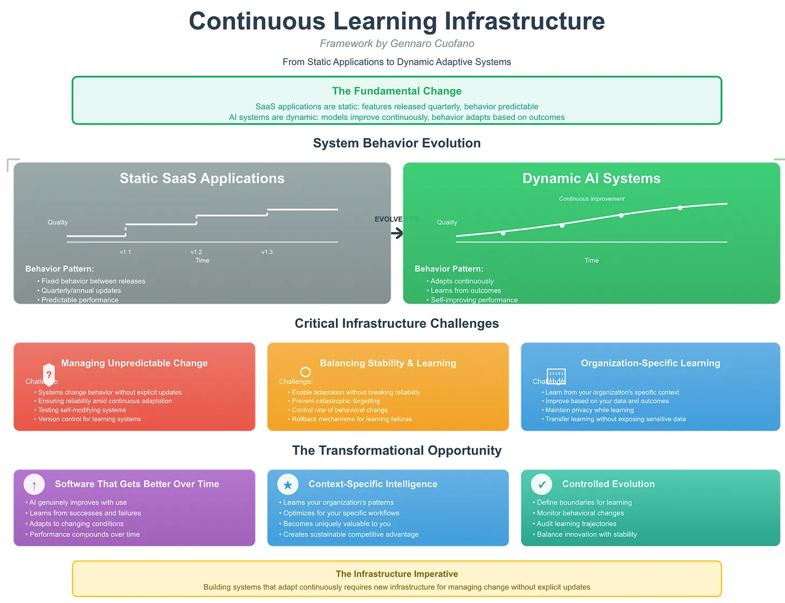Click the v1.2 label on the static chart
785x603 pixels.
[x=196, y=252]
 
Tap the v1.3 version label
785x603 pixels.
[x=267, y=252]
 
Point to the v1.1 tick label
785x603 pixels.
[x=126, y=252]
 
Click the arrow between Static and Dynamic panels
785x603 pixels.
[x=397, y=233]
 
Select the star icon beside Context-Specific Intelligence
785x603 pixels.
[x=288, y=485]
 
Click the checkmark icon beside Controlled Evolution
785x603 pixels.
[x=541, y=485]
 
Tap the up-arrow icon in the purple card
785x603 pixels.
[x=34, y=485]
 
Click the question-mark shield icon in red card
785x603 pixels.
[x=49, y=374]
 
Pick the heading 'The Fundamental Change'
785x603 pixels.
[x=397, y=91]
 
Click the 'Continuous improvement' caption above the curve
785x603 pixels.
[x=591, y=199]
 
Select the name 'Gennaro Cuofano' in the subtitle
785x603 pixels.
[x=432, y=44]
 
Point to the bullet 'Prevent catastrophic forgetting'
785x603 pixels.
[x=336, y=401]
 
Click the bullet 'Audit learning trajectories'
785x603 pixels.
[x=576, y=524]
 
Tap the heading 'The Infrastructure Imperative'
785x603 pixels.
[x=397, y=574]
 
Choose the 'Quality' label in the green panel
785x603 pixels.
[x=447, y=222]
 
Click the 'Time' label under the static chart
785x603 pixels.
[x=202, y=260]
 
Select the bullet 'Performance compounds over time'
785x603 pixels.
[x=85, y=534]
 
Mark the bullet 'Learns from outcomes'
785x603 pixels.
[x=466, y=290]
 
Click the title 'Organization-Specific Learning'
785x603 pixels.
[x=650, y=363]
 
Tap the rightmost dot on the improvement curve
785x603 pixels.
[x=680, y=208]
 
